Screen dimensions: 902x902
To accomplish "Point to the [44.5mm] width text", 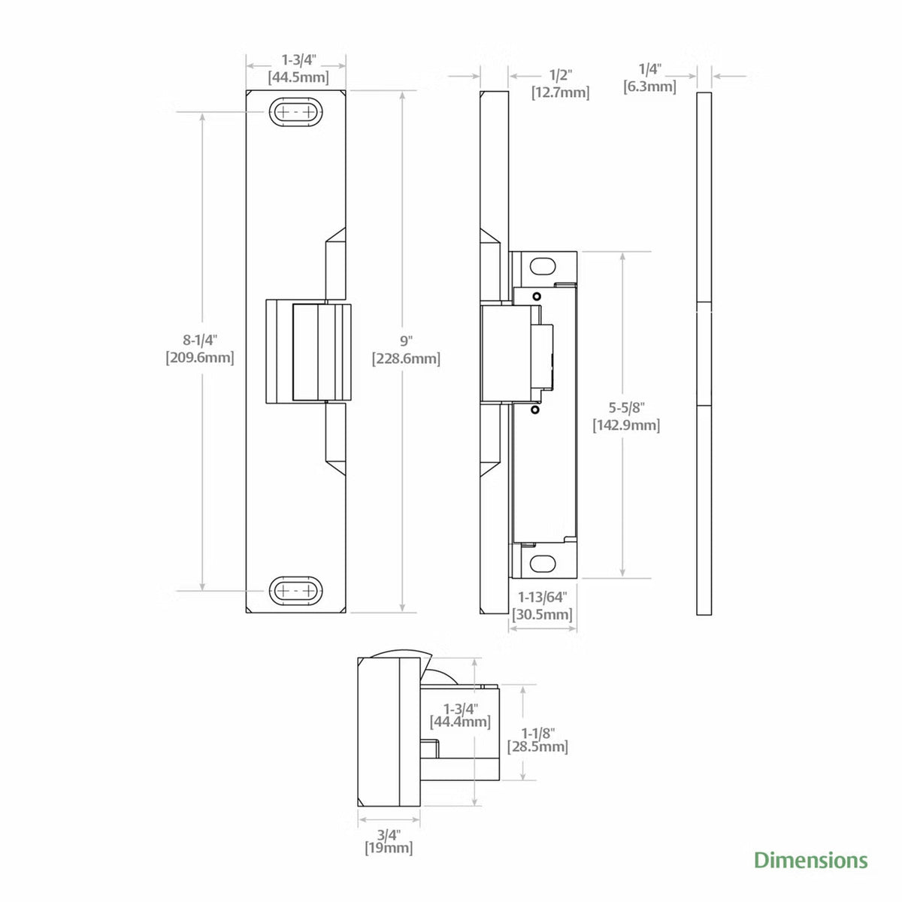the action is [298, 77].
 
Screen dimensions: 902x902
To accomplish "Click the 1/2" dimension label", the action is [560, 74].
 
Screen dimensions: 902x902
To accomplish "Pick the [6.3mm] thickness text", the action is [649, 86].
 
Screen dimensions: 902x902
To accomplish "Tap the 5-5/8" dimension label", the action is [626, 407].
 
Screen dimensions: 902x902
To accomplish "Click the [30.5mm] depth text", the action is [542, 614].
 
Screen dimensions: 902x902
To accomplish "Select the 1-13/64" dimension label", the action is [542, 597].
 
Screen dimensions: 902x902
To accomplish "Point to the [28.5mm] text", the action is [537, 746].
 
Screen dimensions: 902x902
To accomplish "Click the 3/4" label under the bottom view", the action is [389, 834].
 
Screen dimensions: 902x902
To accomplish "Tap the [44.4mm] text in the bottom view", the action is [460, 722].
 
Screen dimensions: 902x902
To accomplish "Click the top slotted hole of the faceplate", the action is [296, 112].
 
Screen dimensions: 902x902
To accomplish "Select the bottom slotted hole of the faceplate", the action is [296, 591].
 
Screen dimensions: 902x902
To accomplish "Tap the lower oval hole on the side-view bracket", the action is [543, 563].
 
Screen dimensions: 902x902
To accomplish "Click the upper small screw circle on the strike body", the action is [537, 296].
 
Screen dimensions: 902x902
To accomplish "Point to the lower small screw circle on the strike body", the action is [534, 410].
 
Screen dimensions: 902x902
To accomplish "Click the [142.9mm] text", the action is [626, 425].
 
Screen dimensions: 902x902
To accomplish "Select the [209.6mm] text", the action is [200, 358].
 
